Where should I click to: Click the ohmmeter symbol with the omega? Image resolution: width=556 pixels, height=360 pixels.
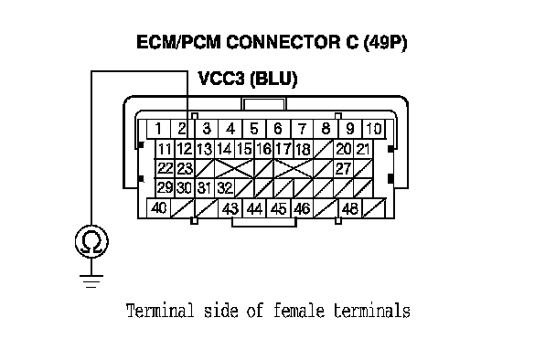(x=91, y=241)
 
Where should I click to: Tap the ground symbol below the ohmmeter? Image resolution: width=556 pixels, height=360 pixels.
(x=91, y=281)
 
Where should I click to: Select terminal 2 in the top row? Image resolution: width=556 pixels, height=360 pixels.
(x=182, y=129)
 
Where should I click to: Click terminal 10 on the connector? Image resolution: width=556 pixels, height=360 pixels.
(x=374, y=129)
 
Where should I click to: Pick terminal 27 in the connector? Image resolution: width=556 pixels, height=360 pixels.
(x=343, y=169)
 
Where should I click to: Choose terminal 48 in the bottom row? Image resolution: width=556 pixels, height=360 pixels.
(x=350, y=208)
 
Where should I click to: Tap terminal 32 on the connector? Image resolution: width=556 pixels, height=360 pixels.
(x=224, y=188)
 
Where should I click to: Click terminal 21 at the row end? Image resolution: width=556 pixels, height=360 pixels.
(x=363, y=149)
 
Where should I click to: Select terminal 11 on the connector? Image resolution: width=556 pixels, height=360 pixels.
(x=165, y=149)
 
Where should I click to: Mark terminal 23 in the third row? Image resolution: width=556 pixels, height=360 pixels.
(x=185, y=169)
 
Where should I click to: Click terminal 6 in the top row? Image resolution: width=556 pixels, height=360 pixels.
(x=278, y=129)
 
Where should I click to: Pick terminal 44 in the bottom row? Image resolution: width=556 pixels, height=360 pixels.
(x=254, y=208)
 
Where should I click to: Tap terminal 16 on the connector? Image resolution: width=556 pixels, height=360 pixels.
(x=263, y=149)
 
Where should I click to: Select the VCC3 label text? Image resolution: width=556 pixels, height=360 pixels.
(x=221, y=79)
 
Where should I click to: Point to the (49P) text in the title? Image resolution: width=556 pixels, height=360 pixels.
(x=385, y=43)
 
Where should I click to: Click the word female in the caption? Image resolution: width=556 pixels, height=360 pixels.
(x=298, y=311)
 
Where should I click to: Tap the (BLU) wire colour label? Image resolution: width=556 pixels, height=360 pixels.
(x=273, y=79)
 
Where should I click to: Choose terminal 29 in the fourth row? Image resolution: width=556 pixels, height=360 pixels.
(x=165, y=188)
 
